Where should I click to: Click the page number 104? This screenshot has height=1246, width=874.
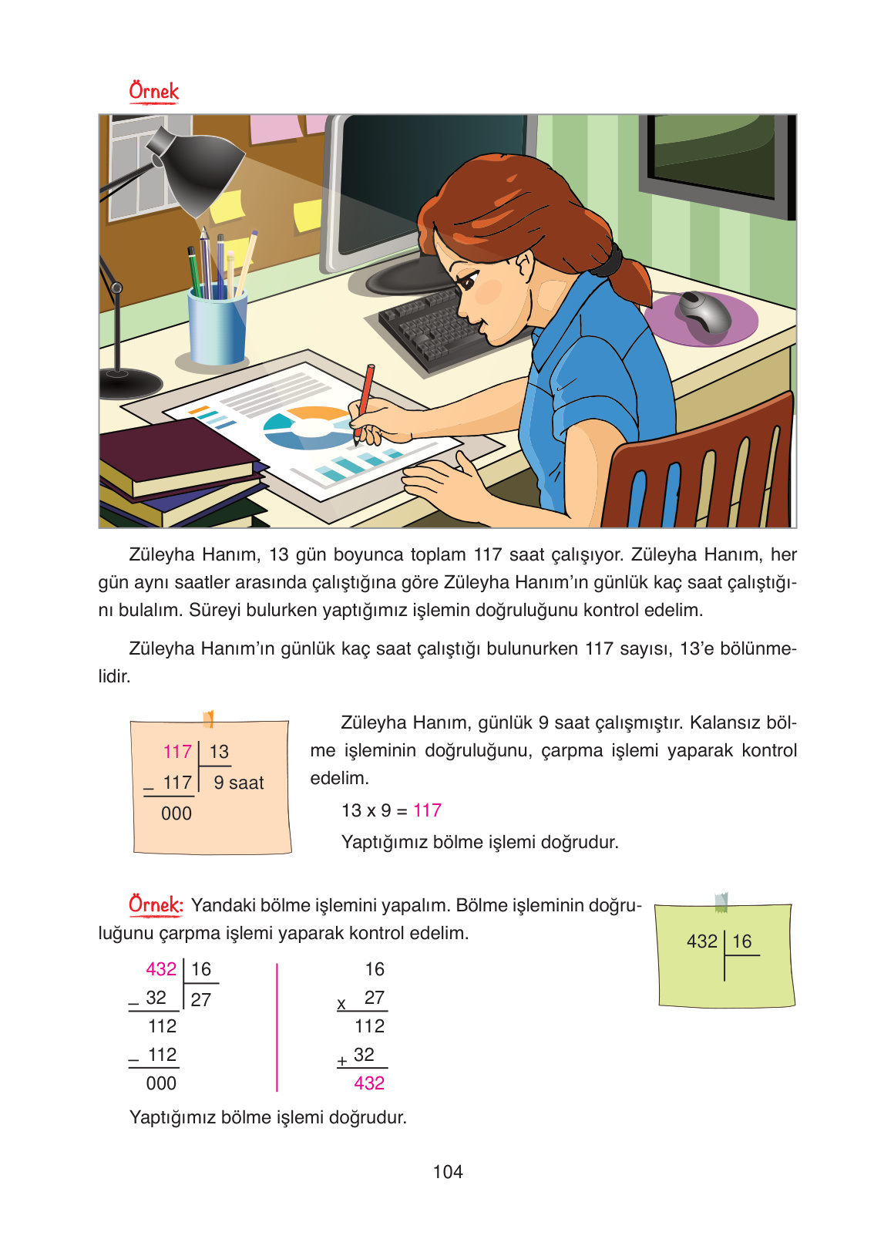(x=448, y=1172)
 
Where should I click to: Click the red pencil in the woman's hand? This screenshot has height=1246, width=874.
(x=365, y=398)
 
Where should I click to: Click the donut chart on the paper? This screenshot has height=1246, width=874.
(x=309, y=428)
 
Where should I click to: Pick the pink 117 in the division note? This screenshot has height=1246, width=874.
(x=177, y=752)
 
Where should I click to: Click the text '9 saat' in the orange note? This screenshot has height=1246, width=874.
(x=239, y=783)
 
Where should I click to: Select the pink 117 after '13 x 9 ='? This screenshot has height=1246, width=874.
(x=427, y=810)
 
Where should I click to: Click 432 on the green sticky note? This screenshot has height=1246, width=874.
(x=701, y=941)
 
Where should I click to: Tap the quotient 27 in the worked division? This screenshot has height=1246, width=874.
(x=201, y=1000)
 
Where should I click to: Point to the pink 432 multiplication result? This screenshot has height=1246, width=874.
(x=369, y=1083)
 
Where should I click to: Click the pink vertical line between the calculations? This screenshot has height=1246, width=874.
(x=277, y=1025)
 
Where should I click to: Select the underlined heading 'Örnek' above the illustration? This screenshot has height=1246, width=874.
(x=153, y=92)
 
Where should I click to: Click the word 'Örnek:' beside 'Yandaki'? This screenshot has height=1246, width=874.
(x=156, y=904)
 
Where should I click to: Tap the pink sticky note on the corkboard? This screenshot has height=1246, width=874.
(x=276, y=128)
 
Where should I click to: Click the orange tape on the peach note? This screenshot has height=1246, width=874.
(x=208, y=719)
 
